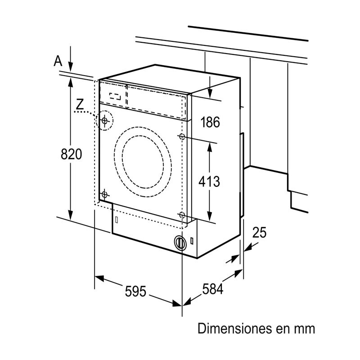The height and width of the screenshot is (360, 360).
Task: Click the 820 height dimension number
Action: click(72, 154)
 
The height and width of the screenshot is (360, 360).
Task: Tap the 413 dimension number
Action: click(210, 182)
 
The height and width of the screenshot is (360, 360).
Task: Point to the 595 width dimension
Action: click(136, 291)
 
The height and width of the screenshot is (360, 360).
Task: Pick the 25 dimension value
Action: click(259, 232)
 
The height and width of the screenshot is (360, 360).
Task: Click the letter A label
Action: click(58, 61)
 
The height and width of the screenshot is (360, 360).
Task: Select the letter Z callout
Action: click(80, 104)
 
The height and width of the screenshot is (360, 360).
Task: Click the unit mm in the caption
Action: click(305, 328)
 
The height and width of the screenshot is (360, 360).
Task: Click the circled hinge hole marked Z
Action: click(104, 120)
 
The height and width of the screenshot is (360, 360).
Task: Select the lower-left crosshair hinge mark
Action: click(104, 195)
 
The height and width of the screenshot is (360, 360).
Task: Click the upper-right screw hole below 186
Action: click(182, 136)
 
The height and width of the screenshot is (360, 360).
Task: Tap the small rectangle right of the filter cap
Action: click(193, 240)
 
